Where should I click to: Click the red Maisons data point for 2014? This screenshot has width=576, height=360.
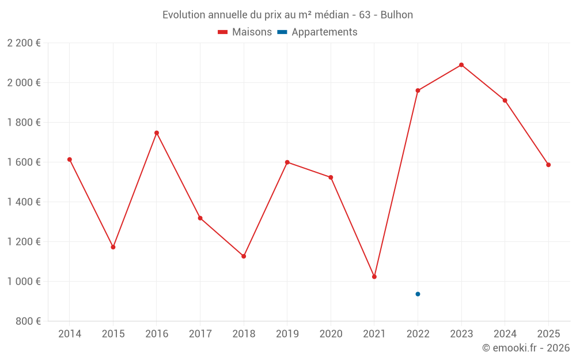coord(70,160)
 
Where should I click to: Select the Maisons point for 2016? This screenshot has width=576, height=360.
coord(157,133)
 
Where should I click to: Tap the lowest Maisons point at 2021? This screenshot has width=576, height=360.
coord(374,277)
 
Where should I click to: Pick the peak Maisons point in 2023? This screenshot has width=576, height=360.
coord(461,65)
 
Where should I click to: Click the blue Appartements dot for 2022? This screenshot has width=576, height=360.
coord(418,294)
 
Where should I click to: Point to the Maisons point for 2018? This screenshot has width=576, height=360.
coord(244,256)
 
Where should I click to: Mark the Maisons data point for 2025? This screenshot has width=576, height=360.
coord(548,165)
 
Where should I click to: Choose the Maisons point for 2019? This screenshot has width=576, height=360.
coord(287,162)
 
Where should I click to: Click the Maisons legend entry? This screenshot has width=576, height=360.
coord(245,32)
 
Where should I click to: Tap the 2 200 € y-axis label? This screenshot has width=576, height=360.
coord(24,43)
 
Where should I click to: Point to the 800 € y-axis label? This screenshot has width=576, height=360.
coord(27,321)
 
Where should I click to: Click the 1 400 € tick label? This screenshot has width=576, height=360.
coord(24,202)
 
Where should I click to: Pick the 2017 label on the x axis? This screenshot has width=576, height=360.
coord(200,334)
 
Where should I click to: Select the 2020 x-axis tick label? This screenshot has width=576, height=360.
coord(331,334)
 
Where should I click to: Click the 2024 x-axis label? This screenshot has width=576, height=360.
coord(505,334)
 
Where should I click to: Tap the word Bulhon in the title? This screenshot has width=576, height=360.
coord(397,15)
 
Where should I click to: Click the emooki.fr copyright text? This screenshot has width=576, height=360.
coord(526,348)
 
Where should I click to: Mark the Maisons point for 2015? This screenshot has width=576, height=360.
coord(113,247)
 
